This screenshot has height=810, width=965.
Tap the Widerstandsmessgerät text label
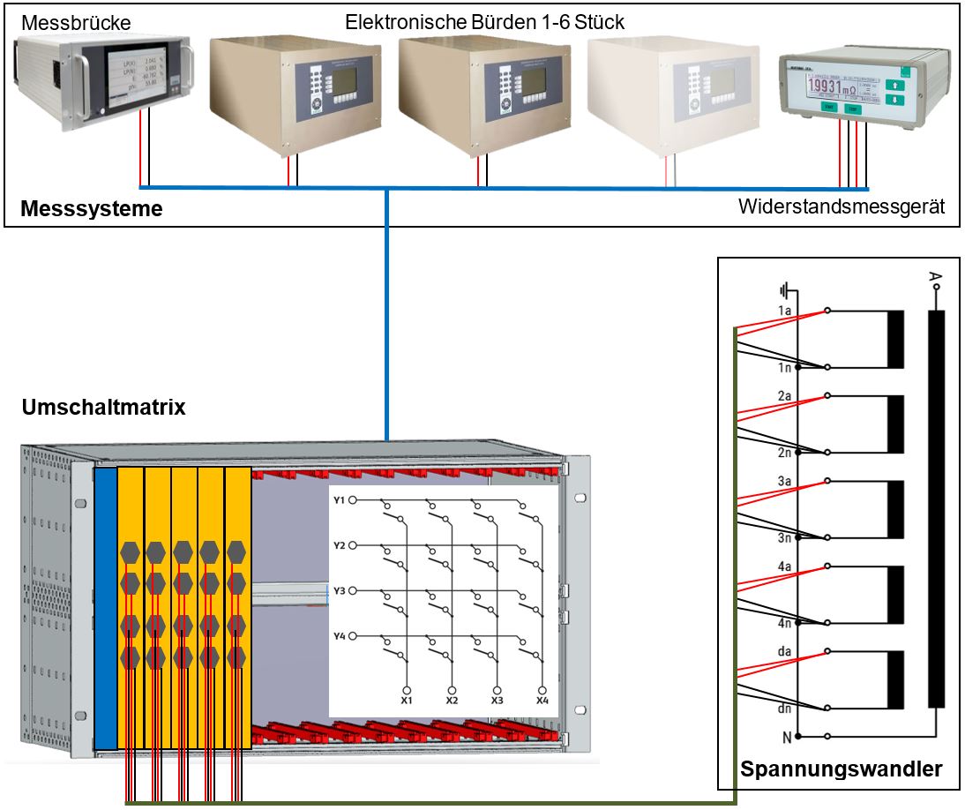842,207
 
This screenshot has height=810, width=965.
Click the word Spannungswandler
842,769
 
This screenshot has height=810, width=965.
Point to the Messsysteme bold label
91,209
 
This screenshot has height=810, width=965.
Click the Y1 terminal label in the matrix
340,500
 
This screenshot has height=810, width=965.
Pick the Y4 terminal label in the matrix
340,636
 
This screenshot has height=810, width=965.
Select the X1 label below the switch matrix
408,701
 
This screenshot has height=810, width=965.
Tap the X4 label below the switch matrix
542,701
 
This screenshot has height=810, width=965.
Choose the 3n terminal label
783,537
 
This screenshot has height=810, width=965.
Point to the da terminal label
784,651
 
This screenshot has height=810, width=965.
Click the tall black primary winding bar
936,508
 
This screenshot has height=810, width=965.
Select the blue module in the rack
105,609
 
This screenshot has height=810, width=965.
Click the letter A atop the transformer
935,280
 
